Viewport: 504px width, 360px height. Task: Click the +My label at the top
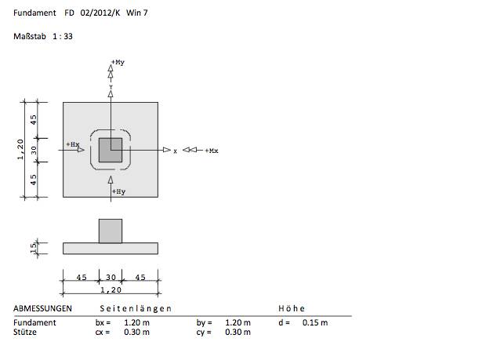point(119,61)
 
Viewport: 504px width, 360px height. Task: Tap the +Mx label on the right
point(211,150)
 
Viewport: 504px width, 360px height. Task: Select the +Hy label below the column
point(119,191)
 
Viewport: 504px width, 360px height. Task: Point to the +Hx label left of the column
point(74,144)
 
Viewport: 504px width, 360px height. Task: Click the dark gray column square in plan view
point(111,150)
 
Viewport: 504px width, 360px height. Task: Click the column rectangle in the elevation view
point(111,231)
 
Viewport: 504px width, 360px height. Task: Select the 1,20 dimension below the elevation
point(111,289)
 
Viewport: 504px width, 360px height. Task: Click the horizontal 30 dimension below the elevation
point(111,276)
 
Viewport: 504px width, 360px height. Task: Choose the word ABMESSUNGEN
point(43,308)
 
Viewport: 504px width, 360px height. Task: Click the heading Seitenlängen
point(136,308)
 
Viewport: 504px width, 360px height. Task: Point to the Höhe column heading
point(292,308)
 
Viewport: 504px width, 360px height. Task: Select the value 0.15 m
point(314,322)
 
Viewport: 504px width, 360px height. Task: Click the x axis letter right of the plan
point(175,150)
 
